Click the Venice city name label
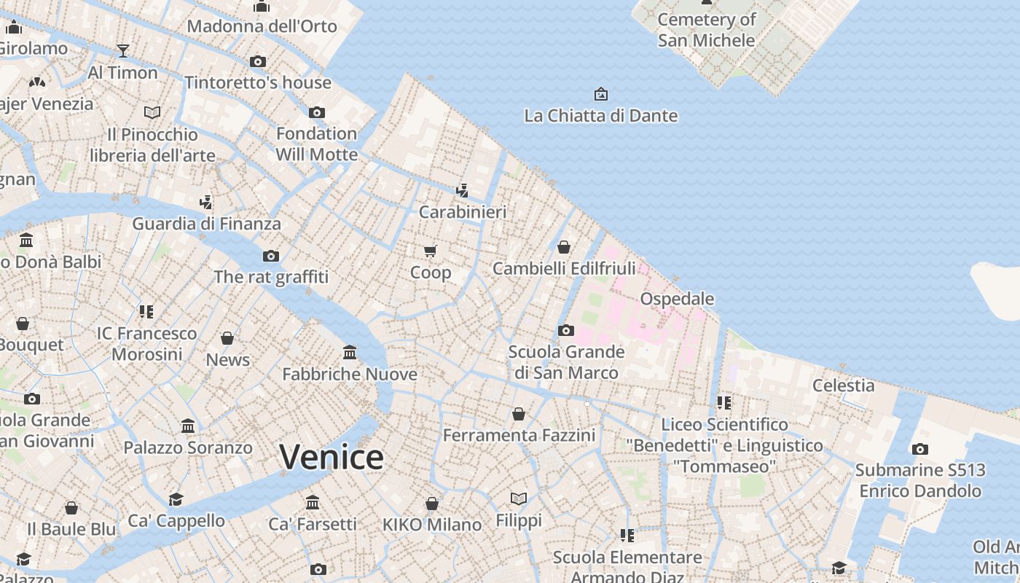click(x=331, y=458)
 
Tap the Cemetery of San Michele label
click(x=706, y=30)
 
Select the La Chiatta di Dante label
click(x=601, y=116)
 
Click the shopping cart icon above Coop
click(x=430, y=251)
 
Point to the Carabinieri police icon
click(x=462, y=191)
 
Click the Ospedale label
click(x=677, y=299)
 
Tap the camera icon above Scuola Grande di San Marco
click(x=566, y=331)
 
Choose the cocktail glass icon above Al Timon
click(x=123, y=51)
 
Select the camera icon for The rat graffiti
click(x=271, y=256)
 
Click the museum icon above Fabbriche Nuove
click(x=350, y=353)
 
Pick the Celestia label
click(x=843, y=386)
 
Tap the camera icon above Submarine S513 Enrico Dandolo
click(x=920, y=449)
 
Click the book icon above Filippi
click(x=519, y=499)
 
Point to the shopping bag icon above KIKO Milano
click(x=432, y=504)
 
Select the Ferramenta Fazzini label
click(x=519, y=436)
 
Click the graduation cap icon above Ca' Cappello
click(x=176, y=499)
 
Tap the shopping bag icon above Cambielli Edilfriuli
click(x=564, y=247)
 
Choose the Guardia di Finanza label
click(x=206, y=224)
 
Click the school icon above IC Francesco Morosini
click(x=146, y=312)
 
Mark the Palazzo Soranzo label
click(x=188, y=447)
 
